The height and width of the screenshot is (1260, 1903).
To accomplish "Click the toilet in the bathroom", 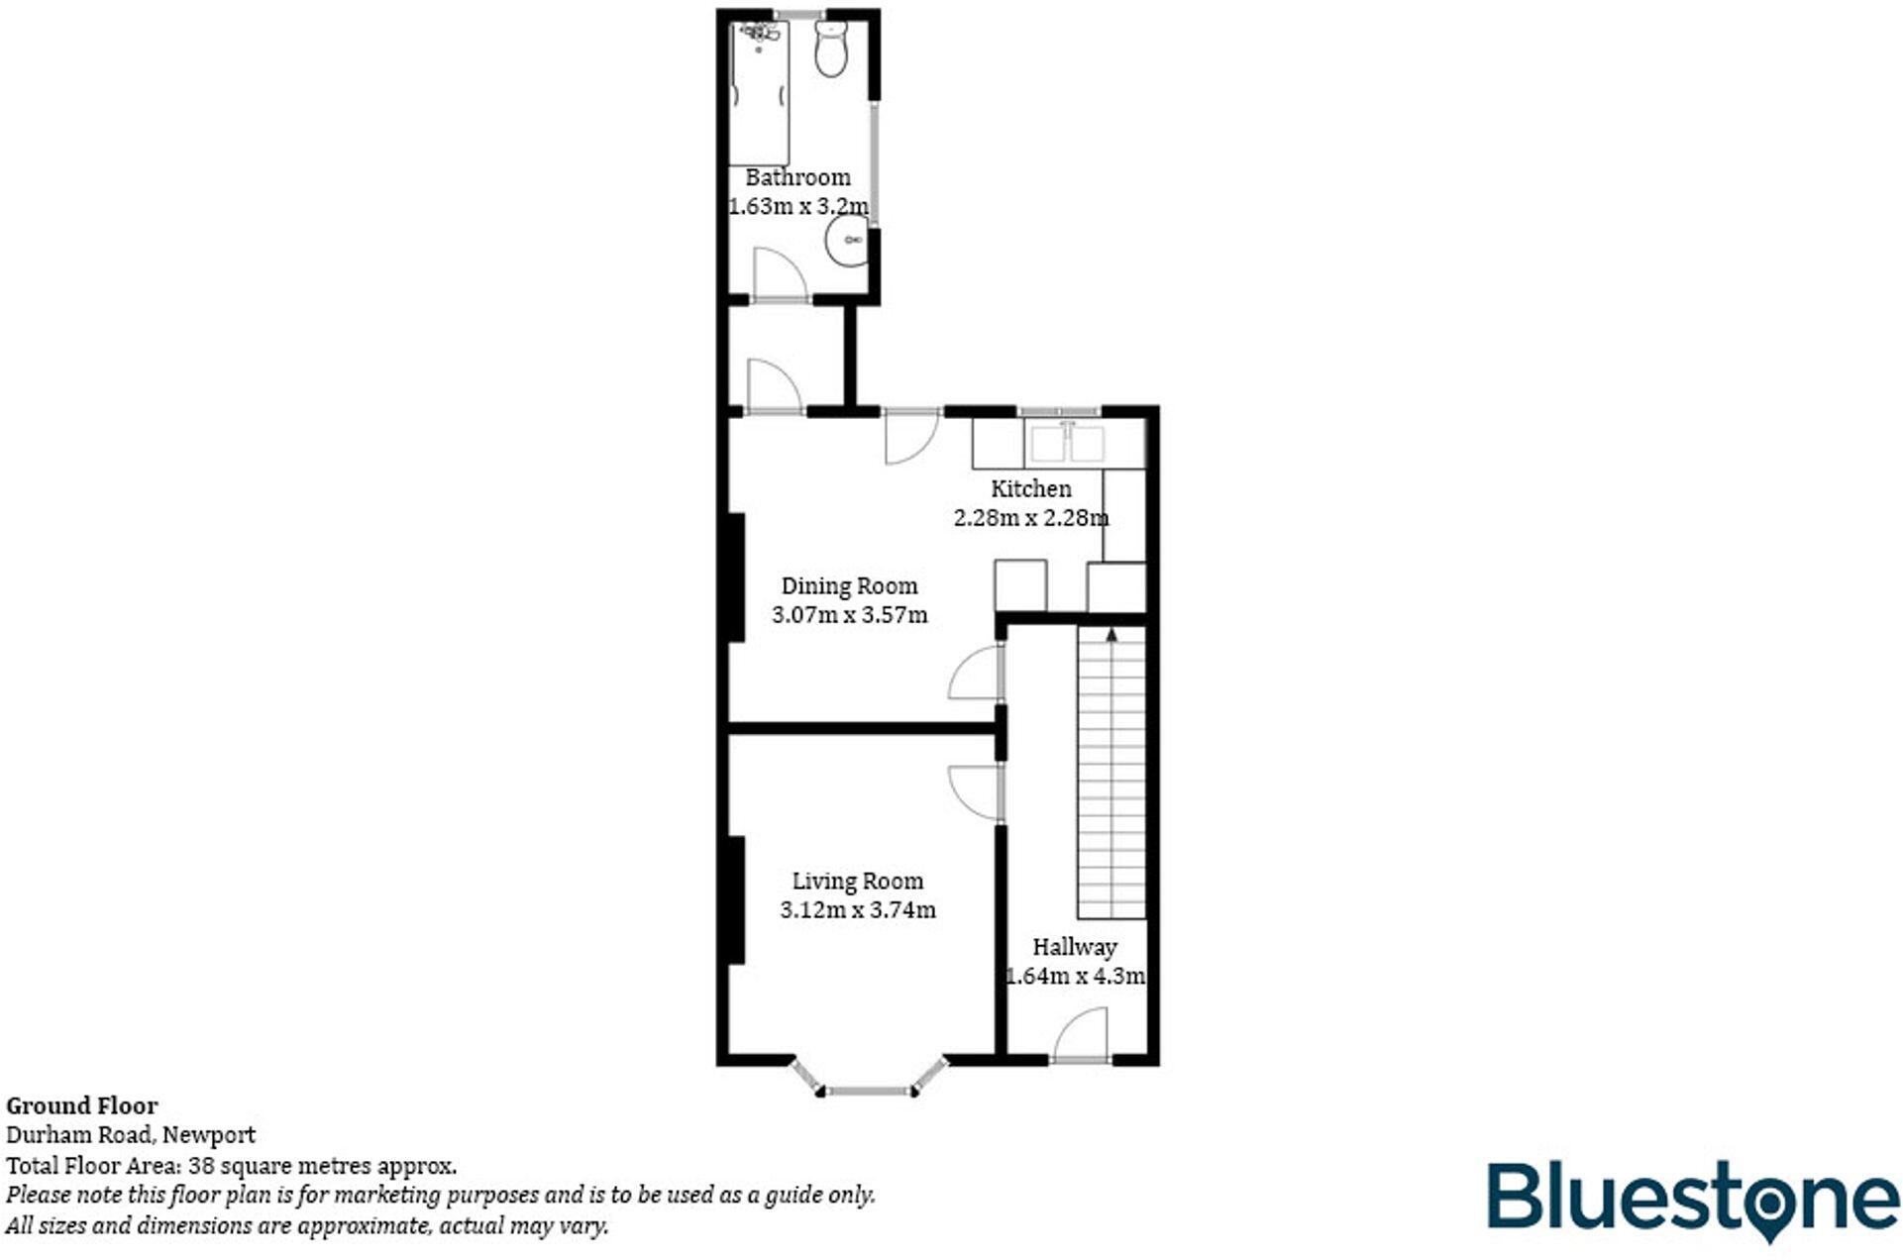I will [x=830, y=49].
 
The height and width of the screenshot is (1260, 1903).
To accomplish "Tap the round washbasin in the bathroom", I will [x=847, y=240].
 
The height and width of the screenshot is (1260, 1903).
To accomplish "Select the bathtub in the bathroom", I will [x=759, y=94].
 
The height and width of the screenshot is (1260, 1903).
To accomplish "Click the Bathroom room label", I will [x=797, y=178].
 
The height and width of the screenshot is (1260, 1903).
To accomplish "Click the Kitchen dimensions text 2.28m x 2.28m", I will [x=1030, y=518].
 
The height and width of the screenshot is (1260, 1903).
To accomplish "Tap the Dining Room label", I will [x=849, y=586].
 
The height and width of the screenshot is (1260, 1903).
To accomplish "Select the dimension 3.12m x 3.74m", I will [x=857, y=910].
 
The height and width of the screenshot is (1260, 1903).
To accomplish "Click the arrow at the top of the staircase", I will [x=1111, y=634].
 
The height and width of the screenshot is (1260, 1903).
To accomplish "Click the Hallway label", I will [x=1074, y=947].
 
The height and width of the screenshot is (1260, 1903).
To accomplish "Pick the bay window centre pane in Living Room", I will [x=869, y=1092].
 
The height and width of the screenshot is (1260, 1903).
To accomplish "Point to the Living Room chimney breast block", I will [x=735, y=899].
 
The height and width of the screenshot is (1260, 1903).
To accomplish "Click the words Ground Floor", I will [x=82, y=1105].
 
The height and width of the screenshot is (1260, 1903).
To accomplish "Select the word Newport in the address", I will [x=209, y=1135].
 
